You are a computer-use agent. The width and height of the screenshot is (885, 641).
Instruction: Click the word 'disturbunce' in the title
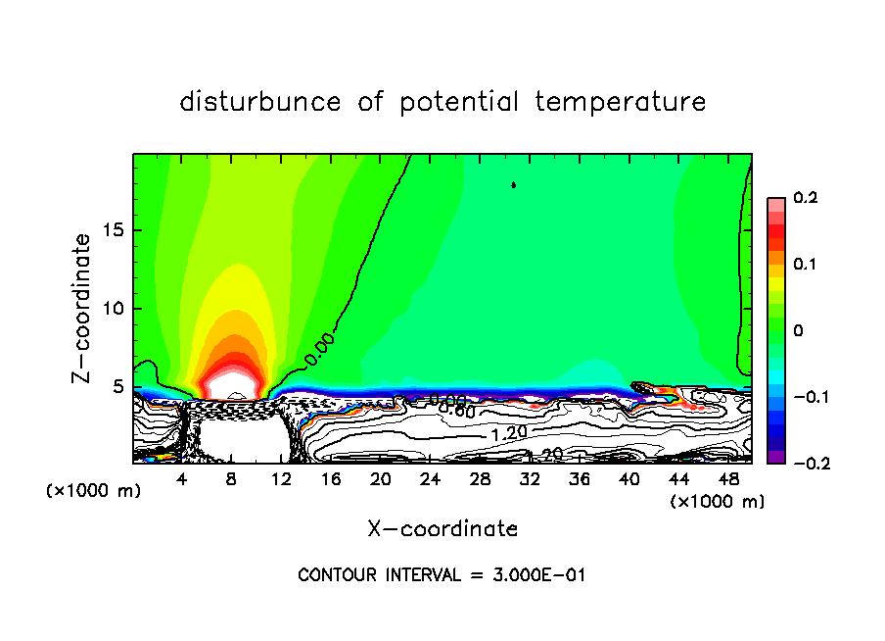pyautogui.click(x=260, y=102)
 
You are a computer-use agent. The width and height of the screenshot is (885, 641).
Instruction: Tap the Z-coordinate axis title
pyautogui.click(x=85, y=308)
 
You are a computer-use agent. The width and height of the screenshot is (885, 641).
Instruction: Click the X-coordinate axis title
pyautogui.click(x=442, y=529)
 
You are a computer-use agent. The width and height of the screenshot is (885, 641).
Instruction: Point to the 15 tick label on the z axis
pyautogui.click(x=115, y=230)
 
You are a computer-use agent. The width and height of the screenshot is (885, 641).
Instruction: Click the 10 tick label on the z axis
pyautogui.click(x=115, y=309)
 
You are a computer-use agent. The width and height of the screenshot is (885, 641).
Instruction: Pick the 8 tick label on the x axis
pyautogui.click(x=231, y=479)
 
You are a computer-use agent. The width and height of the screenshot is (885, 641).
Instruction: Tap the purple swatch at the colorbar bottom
pyautogui.click(x=775, y=456)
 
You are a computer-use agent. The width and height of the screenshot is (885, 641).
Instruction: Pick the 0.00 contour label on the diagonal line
pyautogui.click(x=319, y=350)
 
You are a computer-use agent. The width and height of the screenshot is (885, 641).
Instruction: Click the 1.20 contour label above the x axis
pyautogui.click(x=508, y=433)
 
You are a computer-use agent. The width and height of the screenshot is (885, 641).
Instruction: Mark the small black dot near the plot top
pyautogui.click(x=514, y=183)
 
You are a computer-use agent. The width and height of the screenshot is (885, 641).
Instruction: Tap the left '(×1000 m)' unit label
pyautogui.click(x=94, y=491)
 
